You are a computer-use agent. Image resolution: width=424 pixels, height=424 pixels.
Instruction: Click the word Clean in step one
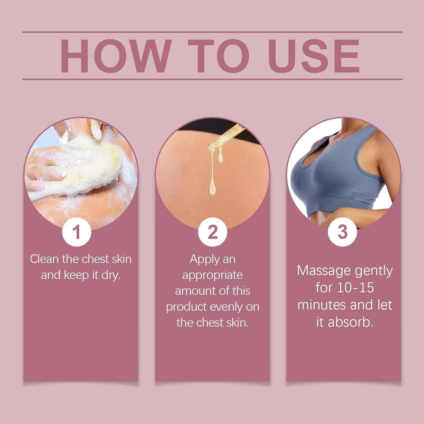pyautogui.click(x=44, y=259)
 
